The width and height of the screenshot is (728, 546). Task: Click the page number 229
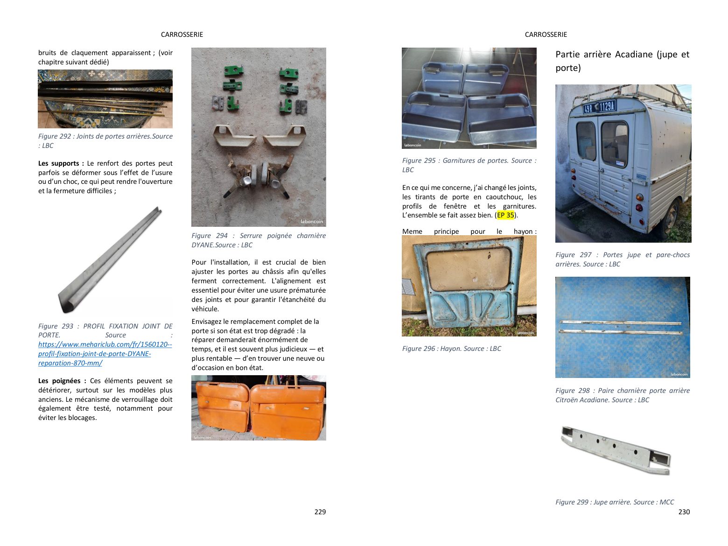pos(320,512)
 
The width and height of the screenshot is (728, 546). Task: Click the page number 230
pos(684,512)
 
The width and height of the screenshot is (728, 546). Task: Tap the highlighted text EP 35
pos(505,215)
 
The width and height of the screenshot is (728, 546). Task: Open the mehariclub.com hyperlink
pos(105,354)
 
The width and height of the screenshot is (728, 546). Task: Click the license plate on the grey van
pos(600,107)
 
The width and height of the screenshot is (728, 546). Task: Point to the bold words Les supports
pos(58,163)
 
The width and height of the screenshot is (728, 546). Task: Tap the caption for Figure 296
pos(451,349)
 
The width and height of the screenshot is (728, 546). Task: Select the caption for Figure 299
pos(615,502)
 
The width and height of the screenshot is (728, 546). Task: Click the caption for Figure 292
pos(105,141)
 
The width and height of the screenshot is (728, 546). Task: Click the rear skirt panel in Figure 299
pos(616,450)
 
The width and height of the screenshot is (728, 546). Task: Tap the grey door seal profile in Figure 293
pos(110,260)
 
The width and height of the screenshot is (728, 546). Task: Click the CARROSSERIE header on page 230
pos(546,35)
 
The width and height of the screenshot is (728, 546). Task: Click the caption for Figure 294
pos(259,240)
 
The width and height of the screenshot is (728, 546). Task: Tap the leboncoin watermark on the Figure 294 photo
pos(311,222)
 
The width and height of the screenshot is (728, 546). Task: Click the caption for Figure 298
pos(623,395)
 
